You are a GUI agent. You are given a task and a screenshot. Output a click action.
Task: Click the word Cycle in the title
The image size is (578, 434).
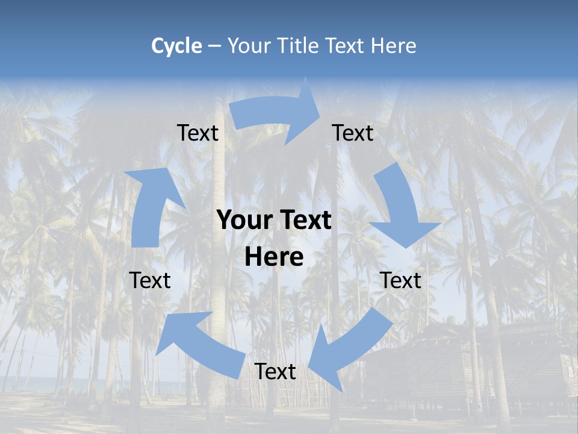point(176,46)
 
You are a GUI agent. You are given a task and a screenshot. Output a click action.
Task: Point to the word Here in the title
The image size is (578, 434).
point(393,46)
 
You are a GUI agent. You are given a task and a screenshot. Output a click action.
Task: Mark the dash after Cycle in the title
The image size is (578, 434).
point(215,46)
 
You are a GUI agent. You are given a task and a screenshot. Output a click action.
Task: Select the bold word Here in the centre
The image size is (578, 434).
point(274,257)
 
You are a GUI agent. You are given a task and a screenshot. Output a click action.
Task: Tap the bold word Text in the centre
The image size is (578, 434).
point(303,221)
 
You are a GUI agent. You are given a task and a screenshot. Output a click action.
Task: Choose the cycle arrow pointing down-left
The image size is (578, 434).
point(349,350)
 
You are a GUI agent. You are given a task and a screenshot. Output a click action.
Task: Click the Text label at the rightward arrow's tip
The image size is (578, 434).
point(353,133)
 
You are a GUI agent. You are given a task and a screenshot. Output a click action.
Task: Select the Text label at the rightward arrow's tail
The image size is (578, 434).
point(197,133)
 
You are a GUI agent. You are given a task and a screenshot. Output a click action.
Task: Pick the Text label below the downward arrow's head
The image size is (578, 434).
point(401,280)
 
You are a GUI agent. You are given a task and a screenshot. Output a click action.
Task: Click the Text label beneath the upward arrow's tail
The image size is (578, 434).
point(150,280)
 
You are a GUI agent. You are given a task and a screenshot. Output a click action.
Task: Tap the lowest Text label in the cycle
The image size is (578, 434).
point(275,372)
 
